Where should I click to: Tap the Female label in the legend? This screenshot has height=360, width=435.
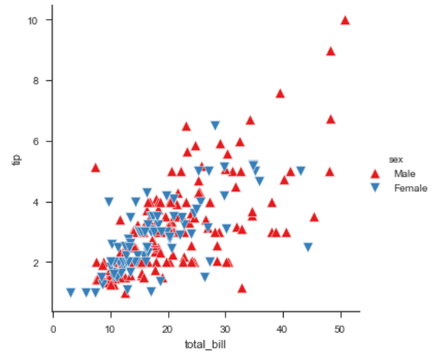tap(411, 188)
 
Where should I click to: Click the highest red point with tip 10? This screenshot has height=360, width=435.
tap(345, 20)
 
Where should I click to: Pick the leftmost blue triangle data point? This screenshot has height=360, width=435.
tap(70, 293)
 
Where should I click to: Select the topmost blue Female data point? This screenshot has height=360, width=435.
tap(216, 126)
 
